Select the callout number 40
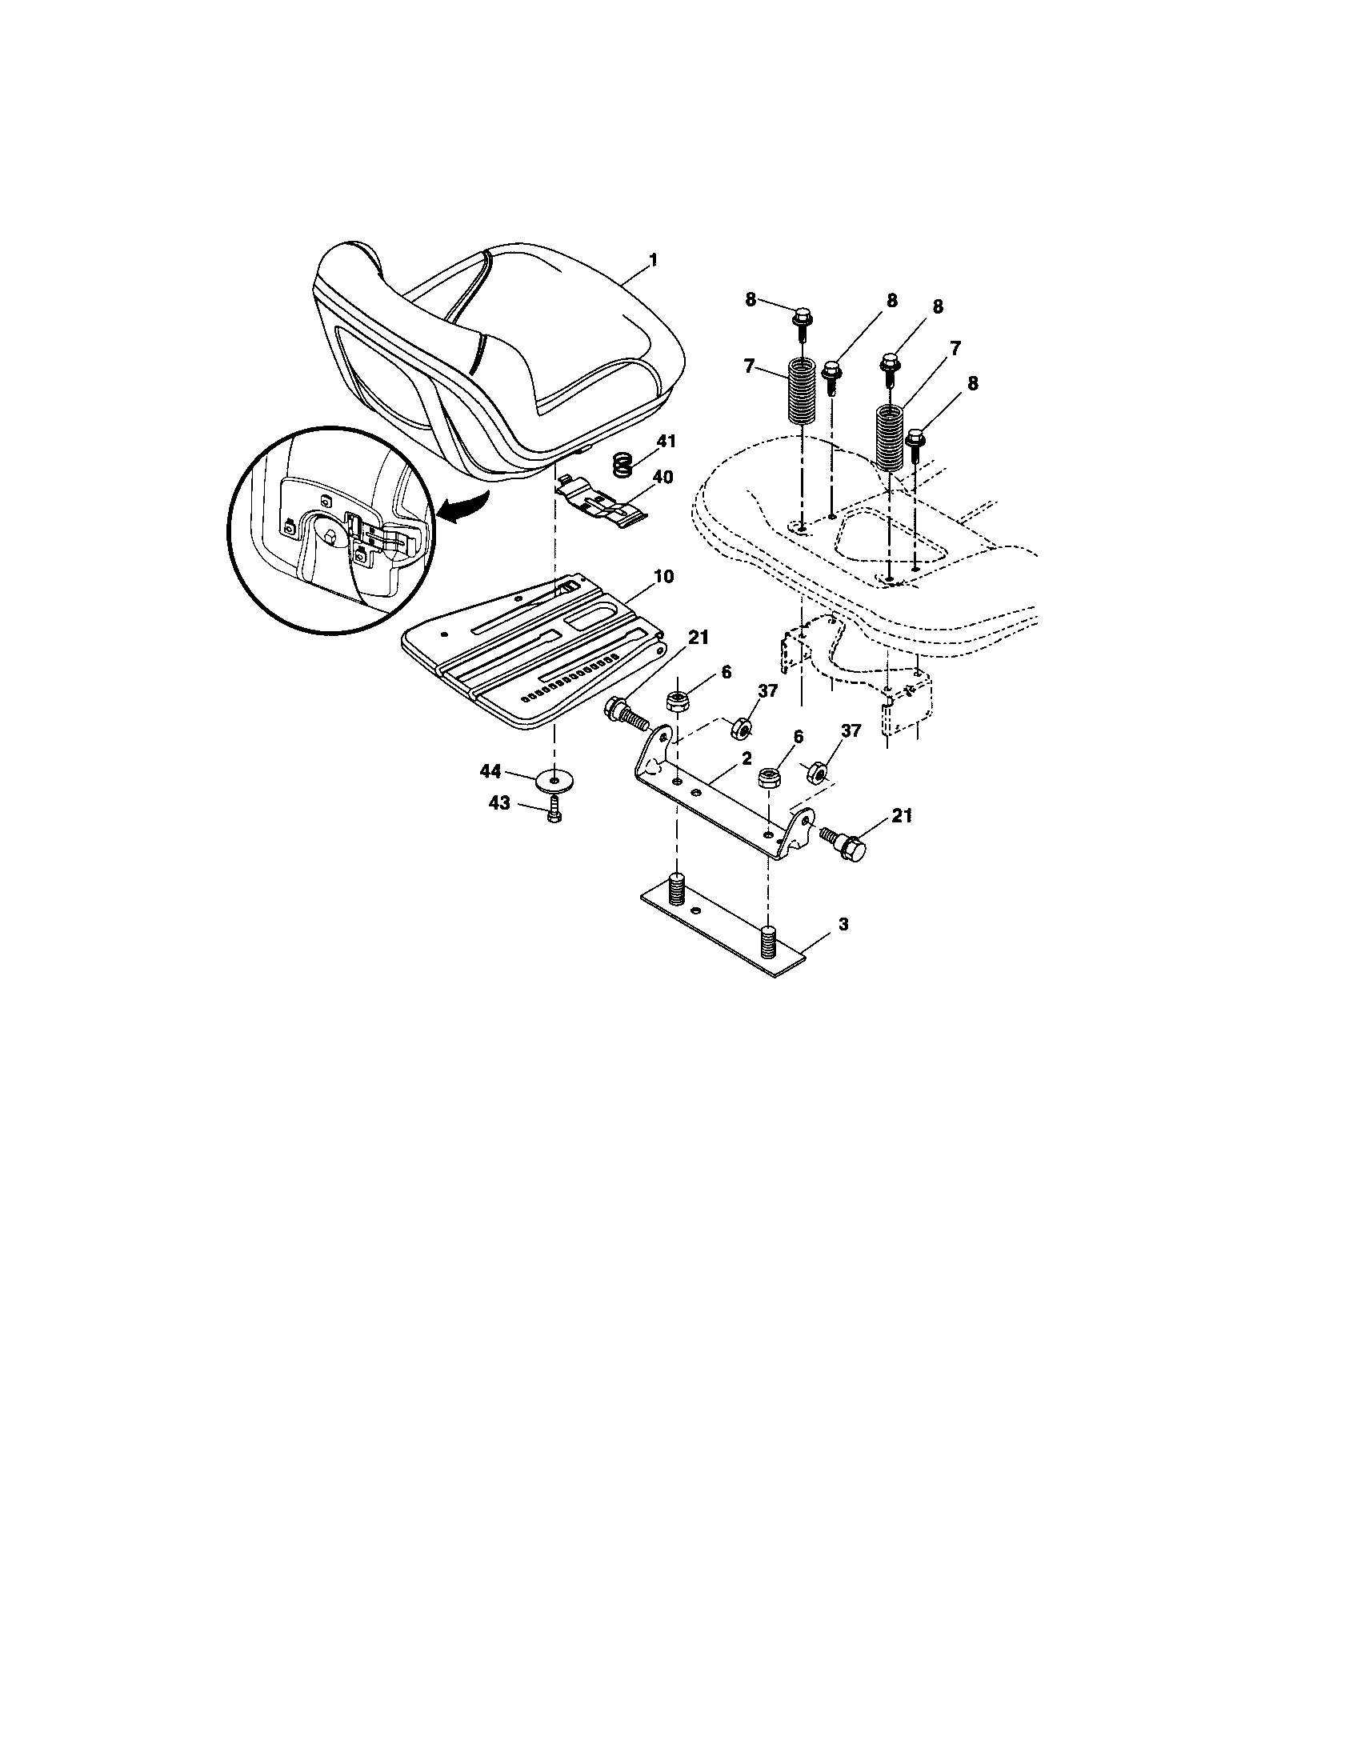click(662, 477)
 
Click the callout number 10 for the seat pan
click(664, 577)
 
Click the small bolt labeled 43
click(554, 813)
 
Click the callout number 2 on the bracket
click(747, 758)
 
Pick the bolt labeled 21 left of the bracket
click(626, 712)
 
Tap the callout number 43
click(500, 803)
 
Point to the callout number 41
click(666, 442)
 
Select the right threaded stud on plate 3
click(767, 939)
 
